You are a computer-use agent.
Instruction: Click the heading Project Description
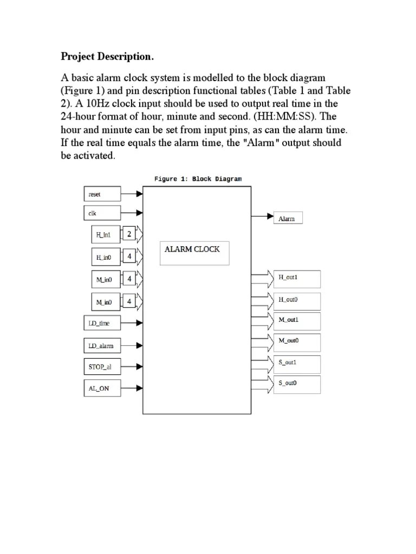click(x=107, y=56)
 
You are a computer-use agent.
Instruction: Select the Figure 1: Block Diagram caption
click(x=198, y=179)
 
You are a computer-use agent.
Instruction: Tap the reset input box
click(x=102, y=194)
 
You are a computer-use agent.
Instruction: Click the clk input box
click(x=102, y=213)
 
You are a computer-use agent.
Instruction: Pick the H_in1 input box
click(x=106, y=235)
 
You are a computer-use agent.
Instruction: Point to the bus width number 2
click(x=129, y=234)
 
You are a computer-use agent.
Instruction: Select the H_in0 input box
click(x=106, y=257)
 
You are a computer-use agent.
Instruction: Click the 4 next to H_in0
click(x=129, y=256)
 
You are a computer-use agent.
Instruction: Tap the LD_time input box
click(x=102, y=324)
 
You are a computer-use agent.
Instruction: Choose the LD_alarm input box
click(x=102, y=346)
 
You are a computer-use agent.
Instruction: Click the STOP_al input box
click(x=102, y=367)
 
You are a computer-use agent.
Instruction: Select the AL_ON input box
click(x=102, y=388)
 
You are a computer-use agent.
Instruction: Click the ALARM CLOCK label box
click(x=194, y=253)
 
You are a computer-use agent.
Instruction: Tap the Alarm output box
click(x=288, y=218)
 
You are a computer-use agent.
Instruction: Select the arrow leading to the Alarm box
click(x=263, y=216)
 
